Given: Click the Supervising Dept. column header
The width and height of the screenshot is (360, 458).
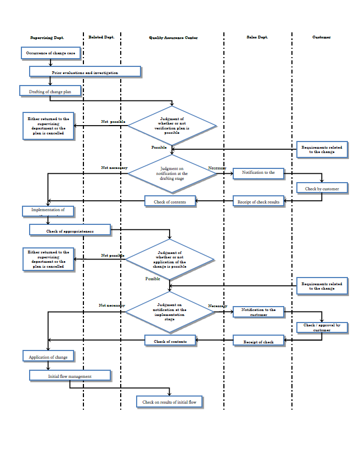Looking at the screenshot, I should click(x=47, y=37).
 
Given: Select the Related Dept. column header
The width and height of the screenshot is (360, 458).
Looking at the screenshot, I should click(x=102, y=37).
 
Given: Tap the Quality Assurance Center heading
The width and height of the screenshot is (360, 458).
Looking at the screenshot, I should click(x=173, y=38).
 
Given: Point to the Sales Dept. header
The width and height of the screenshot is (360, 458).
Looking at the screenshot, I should click(x=257, y=37).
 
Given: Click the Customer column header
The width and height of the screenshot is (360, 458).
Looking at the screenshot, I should click(x=322, y=37).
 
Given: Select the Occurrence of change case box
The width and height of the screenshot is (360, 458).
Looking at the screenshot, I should click(x=51, y=53).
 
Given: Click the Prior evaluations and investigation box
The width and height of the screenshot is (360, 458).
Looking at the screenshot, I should click(x=85, y=72).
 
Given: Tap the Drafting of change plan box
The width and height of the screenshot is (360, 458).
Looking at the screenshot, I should click(x=50, y=92).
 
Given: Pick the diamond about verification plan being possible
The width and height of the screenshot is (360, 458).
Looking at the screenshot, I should click(x=172, y=126).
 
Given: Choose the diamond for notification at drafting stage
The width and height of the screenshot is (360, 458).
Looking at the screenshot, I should click(x=173, y=173).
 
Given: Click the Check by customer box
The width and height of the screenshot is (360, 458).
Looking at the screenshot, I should click(x=322, y=189).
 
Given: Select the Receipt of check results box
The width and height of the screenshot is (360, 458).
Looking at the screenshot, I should click(x=258, y=202).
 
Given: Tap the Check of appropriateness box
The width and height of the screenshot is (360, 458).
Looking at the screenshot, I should click(x=70, y=231).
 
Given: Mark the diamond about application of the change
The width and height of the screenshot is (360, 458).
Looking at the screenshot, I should click(x=170, y=259).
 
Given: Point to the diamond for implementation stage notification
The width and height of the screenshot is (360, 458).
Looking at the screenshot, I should click(x=170, y=312).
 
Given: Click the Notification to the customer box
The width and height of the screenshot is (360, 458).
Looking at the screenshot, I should click(x=258, y=312).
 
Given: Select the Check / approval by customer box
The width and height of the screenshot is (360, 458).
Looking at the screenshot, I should click(x=322, y=327).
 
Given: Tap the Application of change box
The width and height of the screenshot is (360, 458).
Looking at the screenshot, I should click(x=48, y=357).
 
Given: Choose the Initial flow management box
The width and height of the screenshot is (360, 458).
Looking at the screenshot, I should click(x=70, y=376).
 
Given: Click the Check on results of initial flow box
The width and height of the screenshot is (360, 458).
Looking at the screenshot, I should click(x=169, y=402).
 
